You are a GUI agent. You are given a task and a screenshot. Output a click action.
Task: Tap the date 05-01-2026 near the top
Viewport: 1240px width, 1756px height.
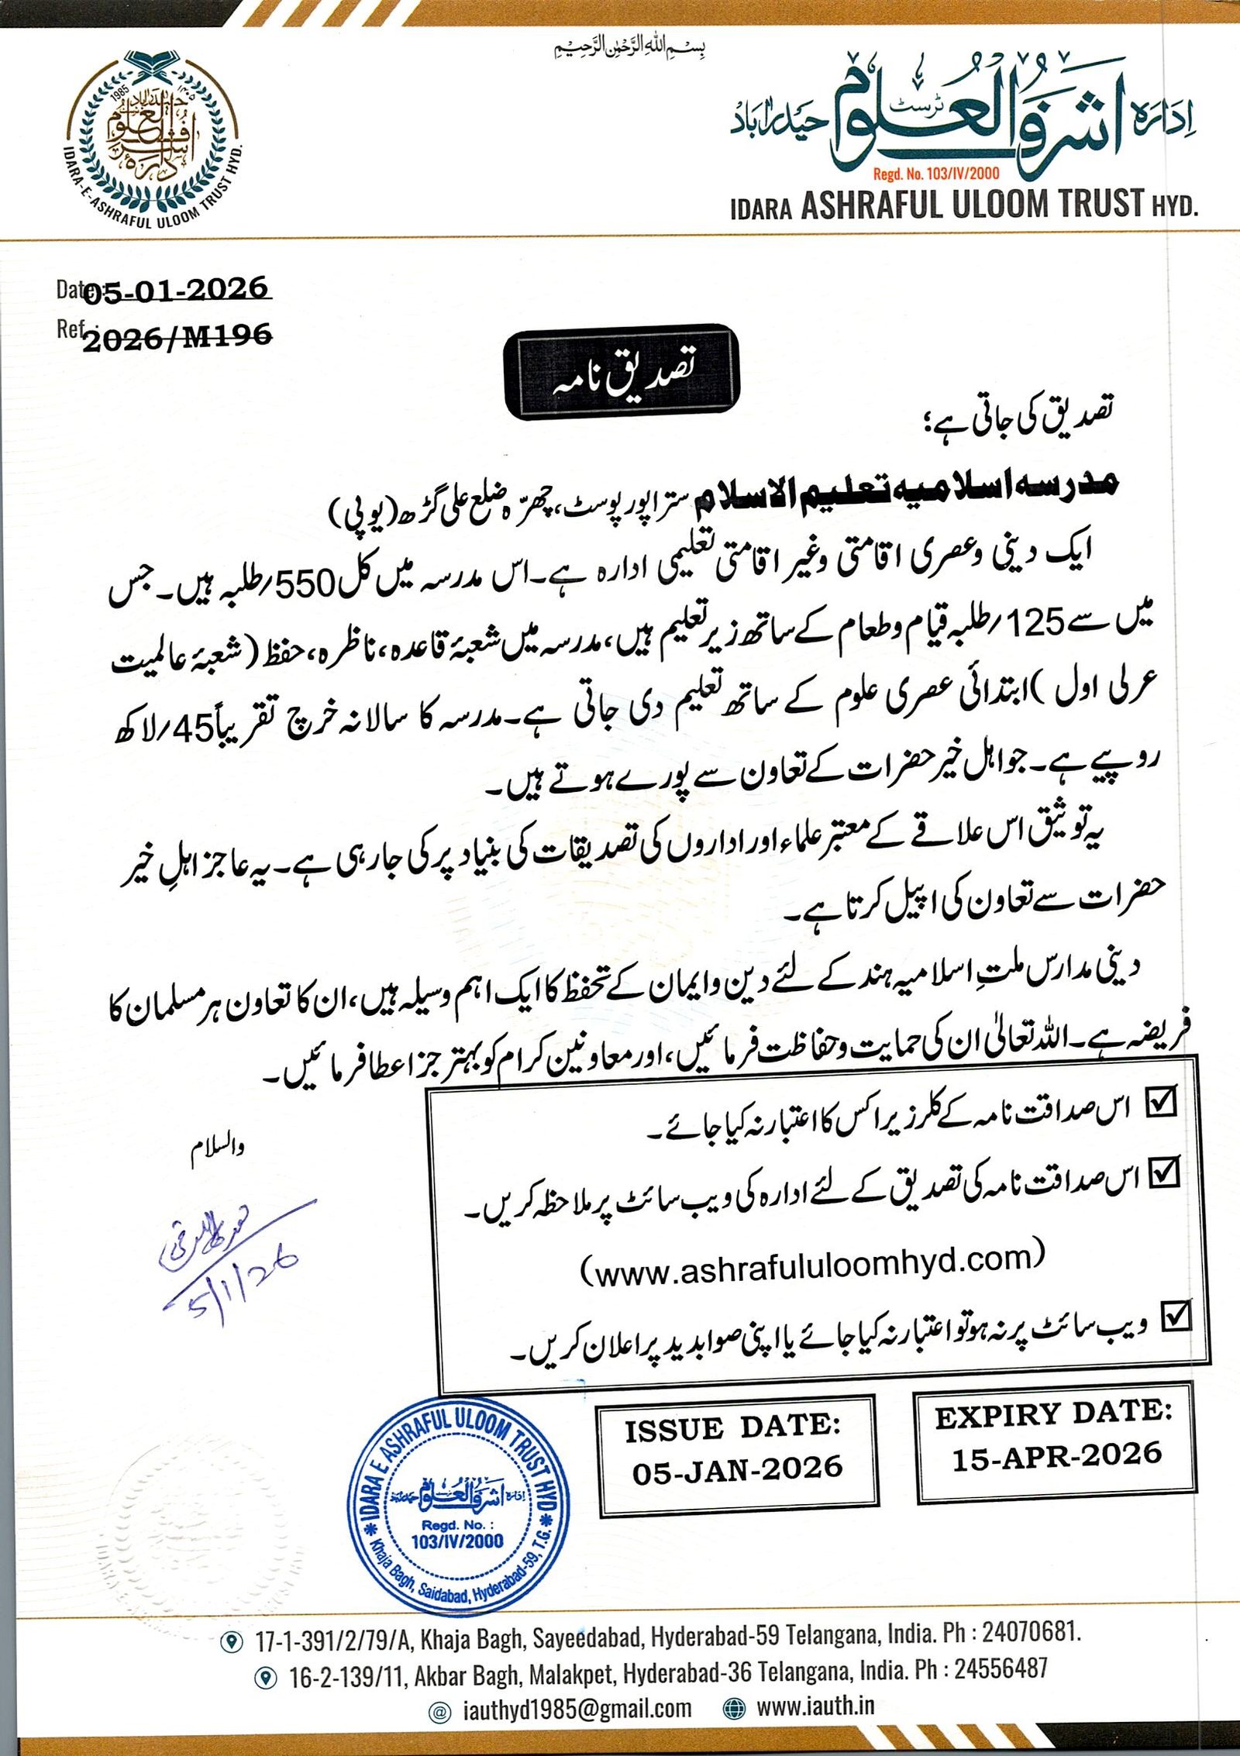175,290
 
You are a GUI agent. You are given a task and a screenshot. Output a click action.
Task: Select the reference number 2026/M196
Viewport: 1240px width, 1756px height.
177,337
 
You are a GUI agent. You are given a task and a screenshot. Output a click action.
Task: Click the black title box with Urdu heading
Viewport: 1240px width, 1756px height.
622,372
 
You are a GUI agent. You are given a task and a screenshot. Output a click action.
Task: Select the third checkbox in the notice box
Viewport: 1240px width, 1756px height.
1176,1316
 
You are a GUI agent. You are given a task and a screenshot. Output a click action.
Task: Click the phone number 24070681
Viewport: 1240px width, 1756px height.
1030,1633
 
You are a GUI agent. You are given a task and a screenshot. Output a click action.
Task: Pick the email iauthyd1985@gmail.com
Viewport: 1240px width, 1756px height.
577,1708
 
